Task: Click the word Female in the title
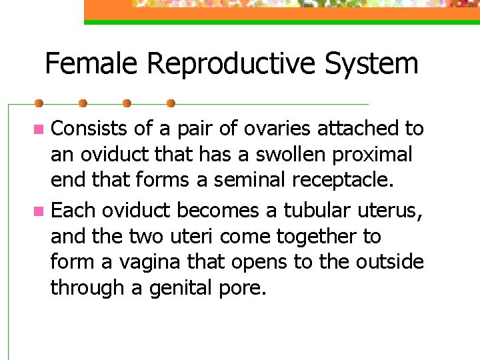[x=92, y=64]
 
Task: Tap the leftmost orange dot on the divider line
[x=39, y=104]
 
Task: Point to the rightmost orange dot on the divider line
[x=171, y=104]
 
